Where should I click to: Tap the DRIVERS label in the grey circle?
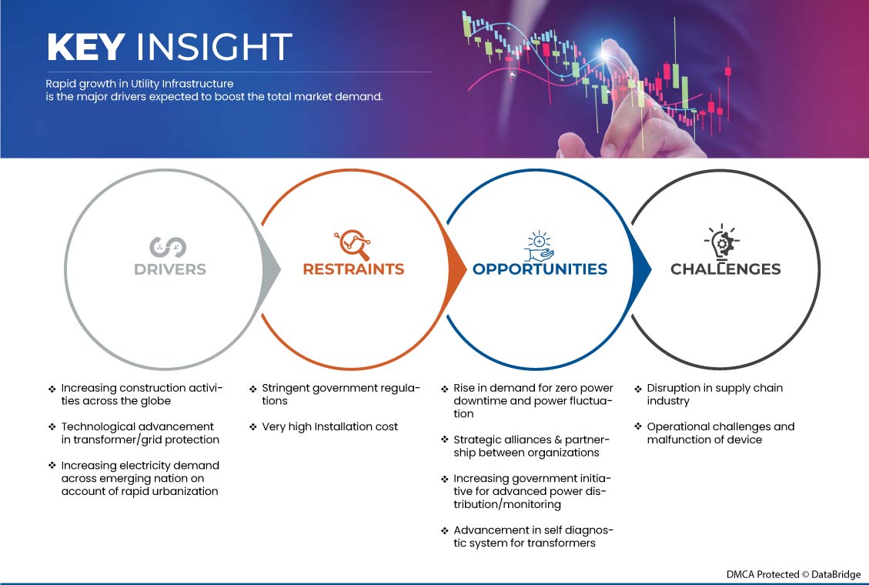169,269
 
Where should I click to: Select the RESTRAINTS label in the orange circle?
353,269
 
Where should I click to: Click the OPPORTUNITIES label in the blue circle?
540,269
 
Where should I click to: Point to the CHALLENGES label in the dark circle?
726,269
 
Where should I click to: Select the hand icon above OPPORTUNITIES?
540,246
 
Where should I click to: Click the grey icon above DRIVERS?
168,247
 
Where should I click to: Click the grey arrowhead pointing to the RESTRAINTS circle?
271,269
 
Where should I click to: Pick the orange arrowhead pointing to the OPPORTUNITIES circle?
456,269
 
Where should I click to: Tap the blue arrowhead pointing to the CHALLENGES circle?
642,269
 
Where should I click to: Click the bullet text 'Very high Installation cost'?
329,426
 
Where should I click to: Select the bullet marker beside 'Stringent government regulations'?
252,389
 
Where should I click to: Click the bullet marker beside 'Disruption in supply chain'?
638,389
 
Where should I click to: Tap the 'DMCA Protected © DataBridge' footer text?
794,574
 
